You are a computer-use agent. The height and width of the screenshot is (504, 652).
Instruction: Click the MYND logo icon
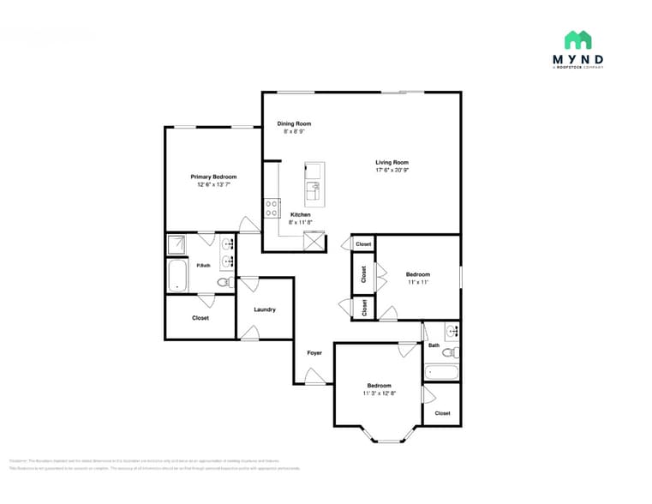pos(577,39)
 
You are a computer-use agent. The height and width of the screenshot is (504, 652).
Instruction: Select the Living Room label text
pos(392,162)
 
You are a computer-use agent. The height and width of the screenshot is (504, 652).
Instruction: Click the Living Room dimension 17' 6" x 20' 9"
pos(392,170)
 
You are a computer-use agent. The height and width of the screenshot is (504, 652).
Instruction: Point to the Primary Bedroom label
pos(213,177)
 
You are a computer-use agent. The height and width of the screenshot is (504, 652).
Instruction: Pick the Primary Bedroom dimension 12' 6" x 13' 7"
pos(213,184)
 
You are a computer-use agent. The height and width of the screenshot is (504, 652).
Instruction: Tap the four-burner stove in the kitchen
pos(272,207)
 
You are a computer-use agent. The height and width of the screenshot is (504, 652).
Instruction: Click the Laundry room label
pos(265,309)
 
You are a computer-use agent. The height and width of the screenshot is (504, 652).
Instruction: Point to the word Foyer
pos(314,352)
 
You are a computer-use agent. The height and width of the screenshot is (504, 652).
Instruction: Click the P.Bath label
pos(204,266)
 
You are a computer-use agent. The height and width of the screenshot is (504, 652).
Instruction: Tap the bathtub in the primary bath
pos(178,276)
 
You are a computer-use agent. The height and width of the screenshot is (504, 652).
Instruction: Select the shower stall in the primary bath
pos(176,245)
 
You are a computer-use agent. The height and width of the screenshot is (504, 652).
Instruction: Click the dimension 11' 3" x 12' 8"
pos(379,393)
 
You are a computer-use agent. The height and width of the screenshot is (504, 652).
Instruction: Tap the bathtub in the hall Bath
pos(441,373)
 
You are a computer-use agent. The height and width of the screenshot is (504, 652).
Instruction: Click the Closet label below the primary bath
pos(200,318)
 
